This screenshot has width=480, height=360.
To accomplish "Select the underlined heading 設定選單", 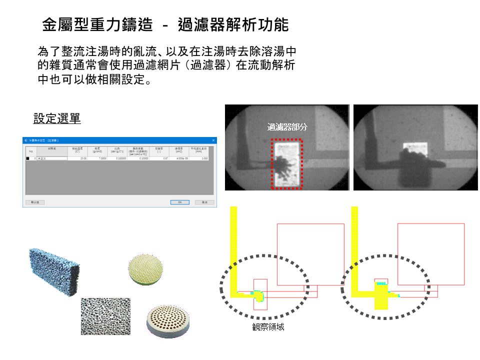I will (x=57, y=118).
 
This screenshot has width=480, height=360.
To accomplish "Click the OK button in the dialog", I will (x=179, y=202).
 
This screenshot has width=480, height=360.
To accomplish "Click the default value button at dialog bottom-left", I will (x=35, y=202).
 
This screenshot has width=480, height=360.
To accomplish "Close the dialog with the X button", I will (x=213, y=140).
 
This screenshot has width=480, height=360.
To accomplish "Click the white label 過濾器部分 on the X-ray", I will (x=287, y=127).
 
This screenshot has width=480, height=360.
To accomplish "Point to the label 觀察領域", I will (x=268, y=326).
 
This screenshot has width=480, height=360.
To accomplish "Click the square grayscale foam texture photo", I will (x=105, y=316).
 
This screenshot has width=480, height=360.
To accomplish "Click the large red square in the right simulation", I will (x=430, y=254).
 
